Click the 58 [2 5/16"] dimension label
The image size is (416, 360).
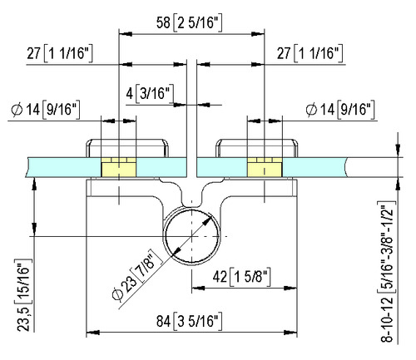point(190,22)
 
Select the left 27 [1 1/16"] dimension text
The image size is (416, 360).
point(60,53)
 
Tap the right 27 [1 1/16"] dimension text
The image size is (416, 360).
point(310,53)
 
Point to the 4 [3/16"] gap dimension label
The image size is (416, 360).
point(150,93)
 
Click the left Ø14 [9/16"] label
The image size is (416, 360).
point(46,110)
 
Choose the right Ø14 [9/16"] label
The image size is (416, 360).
point(340,110)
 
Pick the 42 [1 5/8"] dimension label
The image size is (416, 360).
point(241,276)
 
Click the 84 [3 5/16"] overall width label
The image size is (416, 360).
point(190,322)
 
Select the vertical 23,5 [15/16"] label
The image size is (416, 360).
point(24,295)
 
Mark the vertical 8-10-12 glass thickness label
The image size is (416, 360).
point(387,272)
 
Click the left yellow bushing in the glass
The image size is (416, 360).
point(119,167)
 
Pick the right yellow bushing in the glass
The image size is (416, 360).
point(265,167)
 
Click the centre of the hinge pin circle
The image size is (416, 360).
point(191,236)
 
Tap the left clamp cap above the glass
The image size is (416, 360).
point(127,148)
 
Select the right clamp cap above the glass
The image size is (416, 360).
point(257,148)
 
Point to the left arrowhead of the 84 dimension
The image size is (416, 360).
point(93,333)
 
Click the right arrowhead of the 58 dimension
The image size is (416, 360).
point(258,34)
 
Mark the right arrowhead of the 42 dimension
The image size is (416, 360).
point(290,288)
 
